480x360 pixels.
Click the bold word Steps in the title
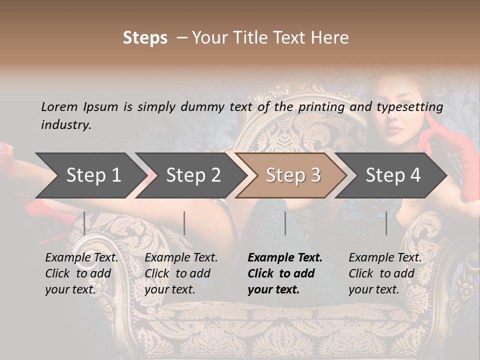(145, 38)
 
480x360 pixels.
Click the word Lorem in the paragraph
(59, 106)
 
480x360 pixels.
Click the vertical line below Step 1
(84, 223)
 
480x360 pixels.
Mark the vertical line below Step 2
(184, 223)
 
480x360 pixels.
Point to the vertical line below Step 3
(285, 223)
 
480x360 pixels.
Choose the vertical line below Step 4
(386, 223)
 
